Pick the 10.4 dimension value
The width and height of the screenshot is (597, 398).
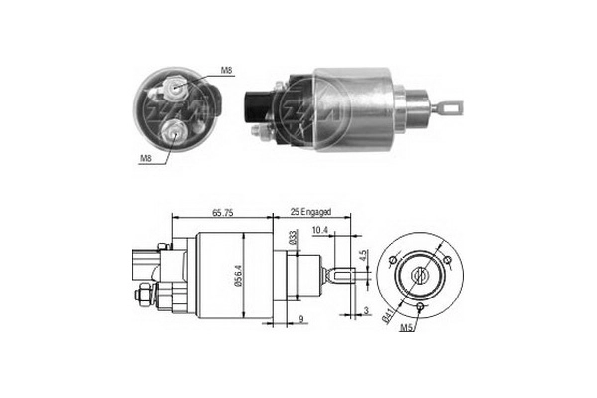click(x=320, y=231)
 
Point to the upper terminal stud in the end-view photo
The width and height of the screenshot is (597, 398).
click(x=175, y=88)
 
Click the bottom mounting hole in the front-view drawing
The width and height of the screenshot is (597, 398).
click(x=421, y=308)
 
